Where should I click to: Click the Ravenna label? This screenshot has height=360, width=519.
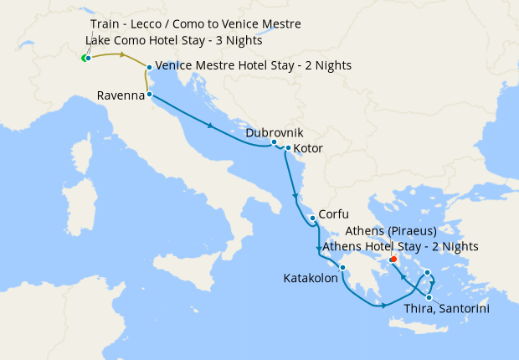click(x=121, y=95)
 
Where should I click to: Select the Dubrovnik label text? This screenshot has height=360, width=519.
click(x=275, y=132)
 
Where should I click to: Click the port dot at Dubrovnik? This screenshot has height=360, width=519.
click(x=274, y=142)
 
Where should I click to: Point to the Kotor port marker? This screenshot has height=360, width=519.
click(x=288, y=149)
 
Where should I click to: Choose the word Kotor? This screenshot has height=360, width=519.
click(x=309, y=149)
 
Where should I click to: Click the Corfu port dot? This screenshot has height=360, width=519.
click(x=312, y=219)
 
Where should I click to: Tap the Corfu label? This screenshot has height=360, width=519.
click(x=333, y=214)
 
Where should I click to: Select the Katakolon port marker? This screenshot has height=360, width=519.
click(x=342, y=268)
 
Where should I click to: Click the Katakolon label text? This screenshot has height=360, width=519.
click(x=310, y=278)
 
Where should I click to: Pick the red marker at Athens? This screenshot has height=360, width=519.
click(x=393, y=259)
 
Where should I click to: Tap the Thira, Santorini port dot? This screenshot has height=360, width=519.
click(x=429, y=297)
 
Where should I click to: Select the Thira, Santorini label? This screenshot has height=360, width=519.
click(x=446, y=309)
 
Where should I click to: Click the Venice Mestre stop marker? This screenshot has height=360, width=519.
click(x=149, y=67)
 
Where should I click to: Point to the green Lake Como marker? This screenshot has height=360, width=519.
click(x=84, y=59)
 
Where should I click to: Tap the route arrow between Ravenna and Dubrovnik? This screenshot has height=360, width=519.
click(x=209, y=126)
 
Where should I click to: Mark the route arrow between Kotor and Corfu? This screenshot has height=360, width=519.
click(x=295, y=196)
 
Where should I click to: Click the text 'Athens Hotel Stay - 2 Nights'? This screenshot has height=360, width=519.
click(x=400, y=246)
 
